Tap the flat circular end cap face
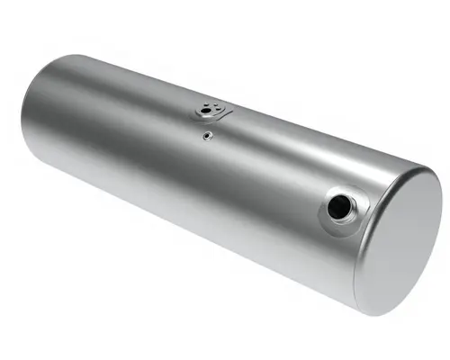[400, 236]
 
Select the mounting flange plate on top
[212, 111]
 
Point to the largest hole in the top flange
[215, 111]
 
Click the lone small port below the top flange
[207, 136]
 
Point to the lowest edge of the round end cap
[378, 311]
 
